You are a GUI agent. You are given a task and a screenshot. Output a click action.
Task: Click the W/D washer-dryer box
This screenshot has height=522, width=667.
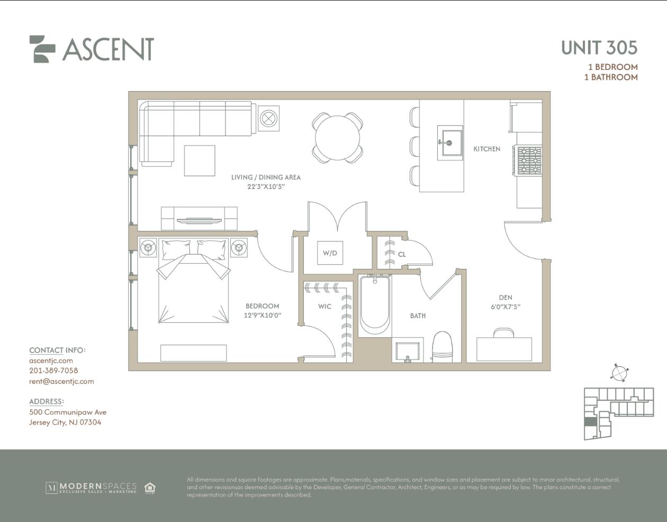(330, 253)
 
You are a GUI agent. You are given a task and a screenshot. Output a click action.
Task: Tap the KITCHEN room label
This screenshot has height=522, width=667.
(487, 149)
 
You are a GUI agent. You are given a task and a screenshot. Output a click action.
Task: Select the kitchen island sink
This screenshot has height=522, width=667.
(450, 143)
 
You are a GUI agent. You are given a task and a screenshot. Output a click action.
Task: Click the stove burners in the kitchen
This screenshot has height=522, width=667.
(529, 160)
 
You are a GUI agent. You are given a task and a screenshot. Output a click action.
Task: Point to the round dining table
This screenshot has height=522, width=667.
(337, 138)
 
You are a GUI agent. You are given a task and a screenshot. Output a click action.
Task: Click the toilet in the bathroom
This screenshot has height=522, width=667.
(443, 346)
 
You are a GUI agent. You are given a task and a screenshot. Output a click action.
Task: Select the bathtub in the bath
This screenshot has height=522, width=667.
(375, 305)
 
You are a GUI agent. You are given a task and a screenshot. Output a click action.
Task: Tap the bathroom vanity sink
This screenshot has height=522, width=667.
(408, 351)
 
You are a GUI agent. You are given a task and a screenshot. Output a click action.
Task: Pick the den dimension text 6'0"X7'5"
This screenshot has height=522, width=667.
(506, 307)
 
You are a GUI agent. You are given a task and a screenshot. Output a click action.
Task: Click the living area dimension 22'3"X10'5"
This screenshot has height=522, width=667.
(266, 186)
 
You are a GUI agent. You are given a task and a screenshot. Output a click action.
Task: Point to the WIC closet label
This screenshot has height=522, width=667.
(325, 306)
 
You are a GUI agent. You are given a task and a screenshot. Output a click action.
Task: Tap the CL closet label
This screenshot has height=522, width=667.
(402, 255)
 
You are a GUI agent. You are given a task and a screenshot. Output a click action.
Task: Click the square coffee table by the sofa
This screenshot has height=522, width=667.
(200, 161)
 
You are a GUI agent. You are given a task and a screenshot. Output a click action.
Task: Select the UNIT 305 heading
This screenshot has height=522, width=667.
(599, 48)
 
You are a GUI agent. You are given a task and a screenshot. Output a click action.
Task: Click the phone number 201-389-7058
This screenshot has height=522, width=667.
(53, 371)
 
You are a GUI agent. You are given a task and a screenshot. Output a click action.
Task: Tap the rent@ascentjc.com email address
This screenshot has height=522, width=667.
(62, 382)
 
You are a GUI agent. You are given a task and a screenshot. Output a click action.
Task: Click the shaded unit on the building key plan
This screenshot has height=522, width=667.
(589, 421)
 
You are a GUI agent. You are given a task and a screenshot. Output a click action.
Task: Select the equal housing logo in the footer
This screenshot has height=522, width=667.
(150, 488)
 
